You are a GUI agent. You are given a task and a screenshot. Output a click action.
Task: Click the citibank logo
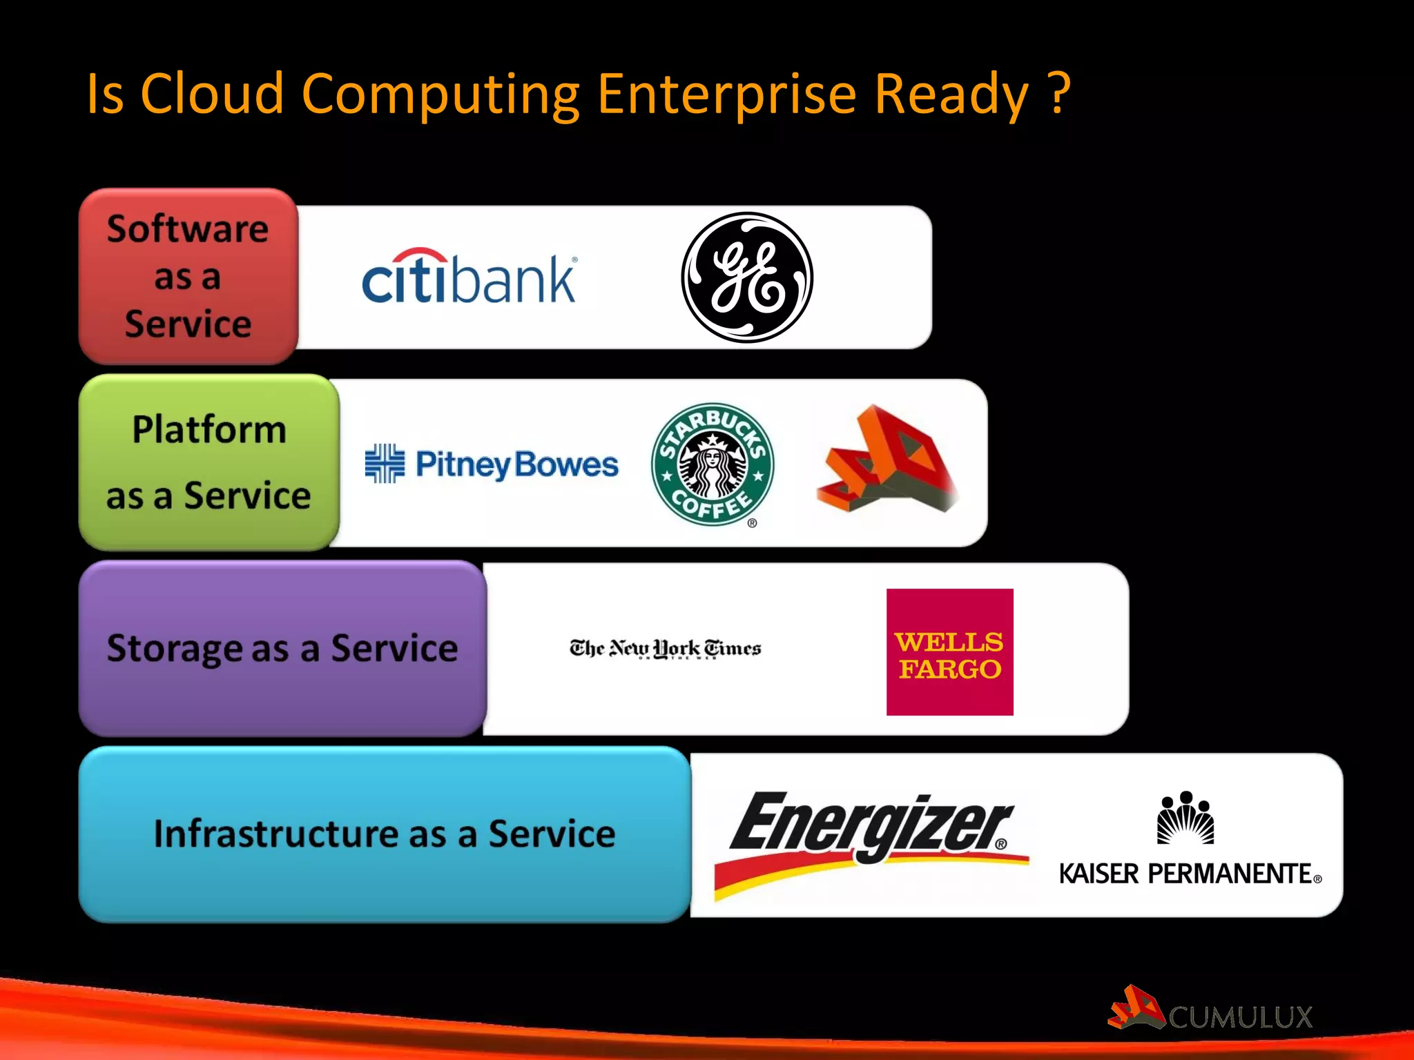pyautogui.click(x=469, y=277)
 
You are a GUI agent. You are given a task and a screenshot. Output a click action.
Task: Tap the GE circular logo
pyautogui.click(x=747, y=277)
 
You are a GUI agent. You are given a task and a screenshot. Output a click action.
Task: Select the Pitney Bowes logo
pyautogui.click(x=492, y=464)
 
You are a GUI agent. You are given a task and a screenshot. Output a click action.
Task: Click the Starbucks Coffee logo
pyautogui.click(x=713, y=464)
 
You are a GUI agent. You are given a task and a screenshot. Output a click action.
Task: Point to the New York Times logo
pyautogui.click(x=665, y=649)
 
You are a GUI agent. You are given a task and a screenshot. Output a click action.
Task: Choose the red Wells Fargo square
pyautogui.click(x=949, y=651)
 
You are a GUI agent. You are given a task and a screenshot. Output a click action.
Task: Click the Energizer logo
pyautogui.click(x=871, y=842)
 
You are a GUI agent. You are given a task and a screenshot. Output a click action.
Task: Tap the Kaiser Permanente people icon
pyautogui.click(x=1185, y=818)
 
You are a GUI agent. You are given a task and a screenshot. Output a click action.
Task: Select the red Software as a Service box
pyautogui.click(x=188, y=276)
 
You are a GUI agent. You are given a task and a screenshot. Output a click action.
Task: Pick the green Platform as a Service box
pyautogui.click(x=209, y=462)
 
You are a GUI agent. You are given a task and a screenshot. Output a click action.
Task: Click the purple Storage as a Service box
pyautogui.click(x=282, y=649)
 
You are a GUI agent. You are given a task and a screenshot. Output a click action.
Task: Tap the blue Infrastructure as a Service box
pyautogui.click(x=384, y=834)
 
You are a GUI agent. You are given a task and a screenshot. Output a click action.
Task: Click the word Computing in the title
pyautogui.click(x=440, y=95)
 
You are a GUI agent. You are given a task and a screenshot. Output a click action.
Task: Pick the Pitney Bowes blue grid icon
pyautogui.click(x=385, y=463)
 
